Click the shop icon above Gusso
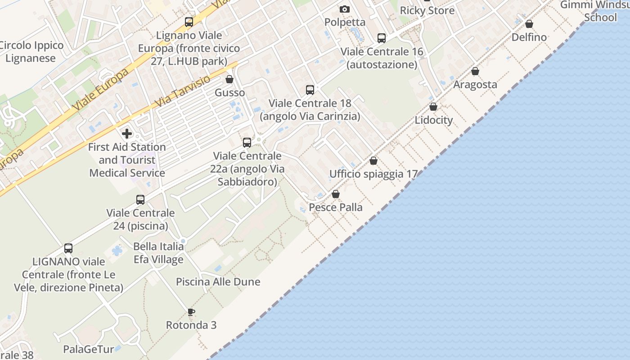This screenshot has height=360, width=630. pos(229,80)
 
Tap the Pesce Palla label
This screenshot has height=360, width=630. pos(336,207)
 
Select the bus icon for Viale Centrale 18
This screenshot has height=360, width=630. pos(310,90)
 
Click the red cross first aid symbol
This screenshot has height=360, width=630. pos(127,133)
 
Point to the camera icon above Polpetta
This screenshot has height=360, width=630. pos(345,9)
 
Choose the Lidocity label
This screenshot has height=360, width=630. pos(433,120)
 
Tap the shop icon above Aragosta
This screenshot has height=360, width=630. pos(475,72)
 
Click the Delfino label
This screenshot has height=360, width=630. pos(529,37)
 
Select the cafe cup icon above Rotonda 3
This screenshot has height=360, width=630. pos(191,312)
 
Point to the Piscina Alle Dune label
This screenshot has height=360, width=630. pos(218,282)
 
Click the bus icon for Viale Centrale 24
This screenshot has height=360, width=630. pos(140,200)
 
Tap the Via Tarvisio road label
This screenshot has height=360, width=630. pos(182,92)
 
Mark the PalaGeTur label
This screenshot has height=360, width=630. pos(88,349)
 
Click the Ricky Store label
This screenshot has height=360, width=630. pos(427,10)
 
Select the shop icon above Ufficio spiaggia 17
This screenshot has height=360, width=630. pos(373,161)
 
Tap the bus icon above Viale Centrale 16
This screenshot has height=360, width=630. pos(382,38)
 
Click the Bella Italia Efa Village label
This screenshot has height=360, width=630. pos(158,253)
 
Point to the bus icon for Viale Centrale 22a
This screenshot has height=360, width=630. pos(247,143)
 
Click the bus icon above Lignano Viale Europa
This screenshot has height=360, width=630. pos(189,22)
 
